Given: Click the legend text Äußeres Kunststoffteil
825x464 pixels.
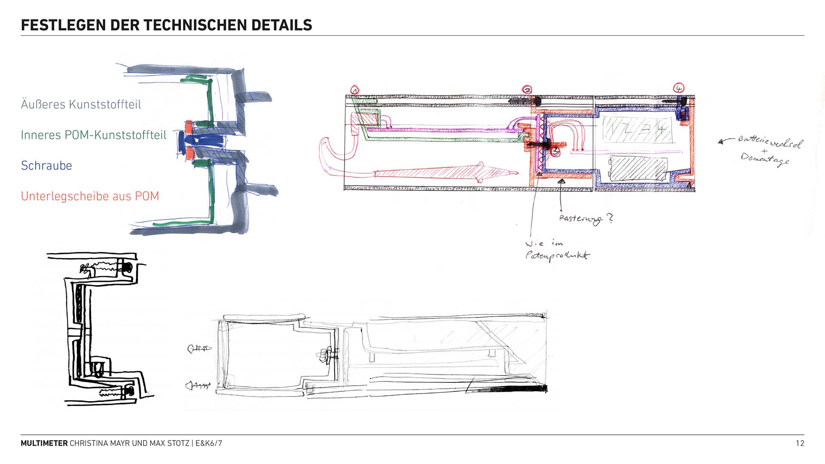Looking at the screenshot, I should [81, 104].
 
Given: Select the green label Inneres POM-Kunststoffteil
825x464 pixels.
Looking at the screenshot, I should [93, 135].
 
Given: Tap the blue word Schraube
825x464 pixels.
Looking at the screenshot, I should [46, 165].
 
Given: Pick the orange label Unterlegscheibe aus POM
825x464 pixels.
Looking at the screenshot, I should [90, 196].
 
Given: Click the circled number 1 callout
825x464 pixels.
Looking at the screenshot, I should [355, 90].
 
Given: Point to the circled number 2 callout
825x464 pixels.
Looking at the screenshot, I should [527, 90].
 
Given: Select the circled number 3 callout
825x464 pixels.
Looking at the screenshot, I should [555, 151].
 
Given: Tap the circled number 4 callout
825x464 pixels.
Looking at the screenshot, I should [678, 89].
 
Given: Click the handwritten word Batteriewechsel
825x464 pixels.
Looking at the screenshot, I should [769, 142].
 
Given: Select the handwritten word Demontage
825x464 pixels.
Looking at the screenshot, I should [765, 159].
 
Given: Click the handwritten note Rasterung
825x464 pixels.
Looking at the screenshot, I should [580, 219].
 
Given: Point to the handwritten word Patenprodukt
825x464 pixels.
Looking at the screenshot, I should [558, 256].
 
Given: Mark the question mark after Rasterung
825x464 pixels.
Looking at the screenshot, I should [610, 218].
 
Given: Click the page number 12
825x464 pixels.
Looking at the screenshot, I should [800, 443].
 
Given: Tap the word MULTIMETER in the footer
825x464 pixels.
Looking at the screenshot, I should [44, 443].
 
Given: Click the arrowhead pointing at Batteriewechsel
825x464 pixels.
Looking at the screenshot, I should [721, 141].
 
